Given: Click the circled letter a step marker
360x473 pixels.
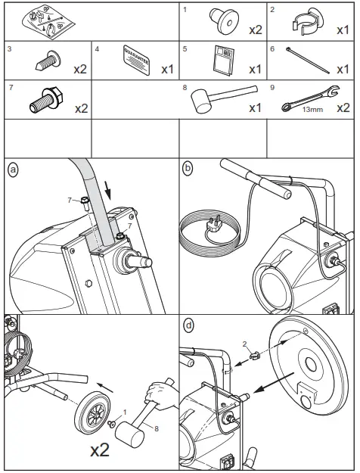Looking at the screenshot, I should point(11,167).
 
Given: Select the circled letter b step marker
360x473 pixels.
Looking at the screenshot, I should point(187,167).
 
